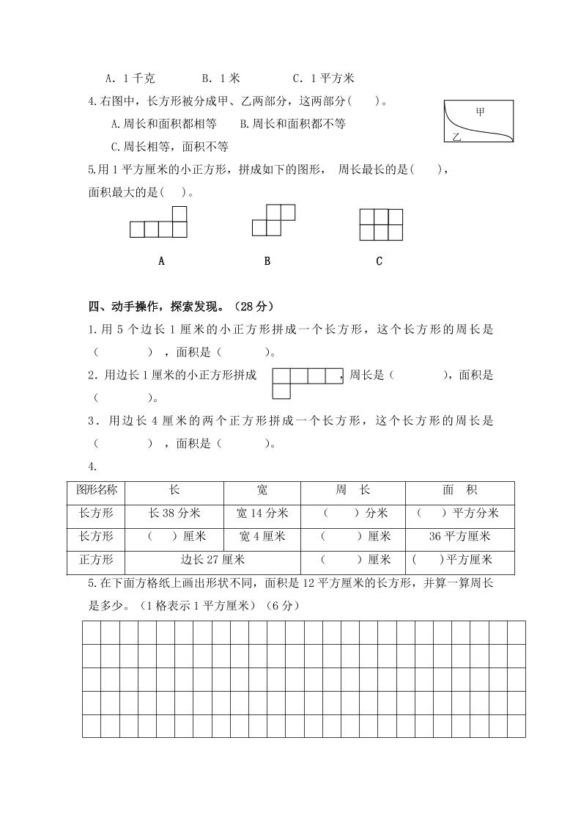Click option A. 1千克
130,78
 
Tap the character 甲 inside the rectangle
481,111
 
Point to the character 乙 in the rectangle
456,136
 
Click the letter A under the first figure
161,260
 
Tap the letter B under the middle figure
267,260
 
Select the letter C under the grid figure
379,260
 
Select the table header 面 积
459,490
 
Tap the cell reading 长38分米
174,513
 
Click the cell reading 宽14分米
262,513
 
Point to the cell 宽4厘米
262,536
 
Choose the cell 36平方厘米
459,536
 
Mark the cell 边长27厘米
212,560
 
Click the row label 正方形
96,560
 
